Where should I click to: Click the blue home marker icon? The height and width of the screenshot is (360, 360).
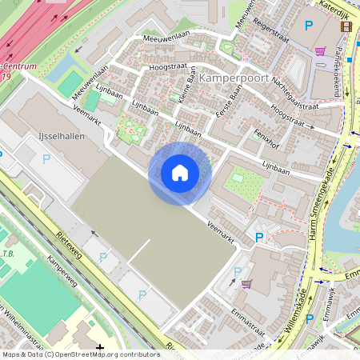click(x=180, y=173)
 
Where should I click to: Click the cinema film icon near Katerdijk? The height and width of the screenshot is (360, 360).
click(x=346, y=26)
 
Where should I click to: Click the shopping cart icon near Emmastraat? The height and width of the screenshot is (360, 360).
click(x=246, y=283)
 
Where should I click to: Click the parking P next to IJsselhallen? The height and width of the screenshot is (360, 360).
click(x=46, y=159)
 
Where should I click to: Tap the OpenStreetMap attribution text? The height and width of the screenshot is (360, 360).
click(x=80, y=354)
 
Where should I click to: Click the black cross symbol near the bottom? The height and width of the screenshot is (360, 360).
click(x=99, y=348)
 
